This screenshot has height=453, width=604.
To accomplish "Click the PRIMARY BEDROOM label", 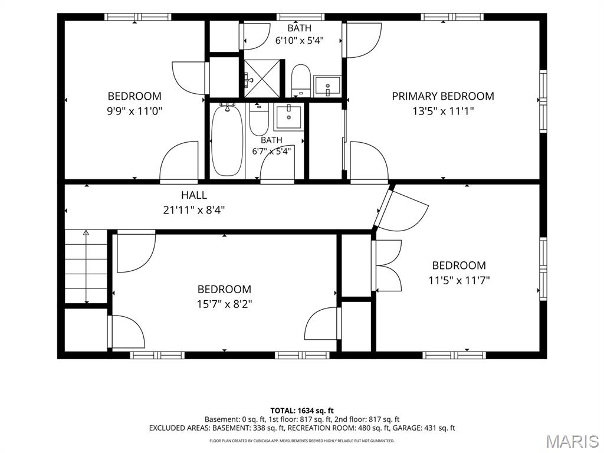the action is (x=443, y=96).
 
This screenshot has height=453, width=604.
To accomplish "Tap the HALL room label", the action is (x=194, y=195).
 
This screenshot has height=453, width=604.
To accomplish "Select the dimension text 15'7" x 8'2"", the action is (x=225, y=304).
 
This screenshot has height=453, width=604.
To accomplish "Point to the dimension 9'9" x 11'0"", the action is (x=134, y=111).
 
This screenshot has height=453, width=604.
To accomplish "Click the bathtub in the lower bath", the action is (x=227, y=140).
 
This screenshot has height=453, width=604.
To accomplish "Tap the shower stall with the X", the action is (x=262, y=78).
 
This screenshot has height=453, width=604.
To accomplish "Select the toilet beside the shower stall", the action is (x=301, y=80).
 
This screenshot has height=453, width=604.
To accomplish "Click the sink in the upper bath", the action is (x=327, y=86).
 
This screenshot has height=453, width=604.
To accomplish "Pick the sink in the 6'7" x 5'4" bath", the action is (x=288, y=117).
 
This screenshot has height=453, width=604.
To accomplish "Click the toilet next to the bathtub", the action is (x=258, y=119).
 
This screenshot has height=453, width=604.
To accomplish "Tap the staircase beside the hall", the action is (x=86, y=267).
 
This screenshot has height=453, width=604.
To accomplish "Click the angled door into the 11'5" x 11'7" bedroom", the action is (x=401, y=208).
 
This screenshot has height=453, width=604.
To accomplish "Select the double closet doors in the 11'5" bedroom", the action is (x=387, y=265).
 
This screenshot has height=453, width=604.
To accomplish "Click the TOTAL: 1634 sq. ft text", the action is (x=302, y=411).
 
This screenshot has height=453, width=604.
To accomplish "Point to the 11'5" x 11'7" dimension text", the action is (x=459, y=280).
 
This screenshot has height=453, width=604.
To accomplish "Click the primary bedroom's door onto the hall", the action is (x=369, y=161).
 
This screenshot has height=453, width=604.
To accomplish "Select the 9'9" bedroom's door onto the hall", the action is (x=179, y=161).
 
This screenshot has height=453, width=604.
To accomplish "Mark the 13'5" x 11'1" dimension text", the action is (x=443, y=111).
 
